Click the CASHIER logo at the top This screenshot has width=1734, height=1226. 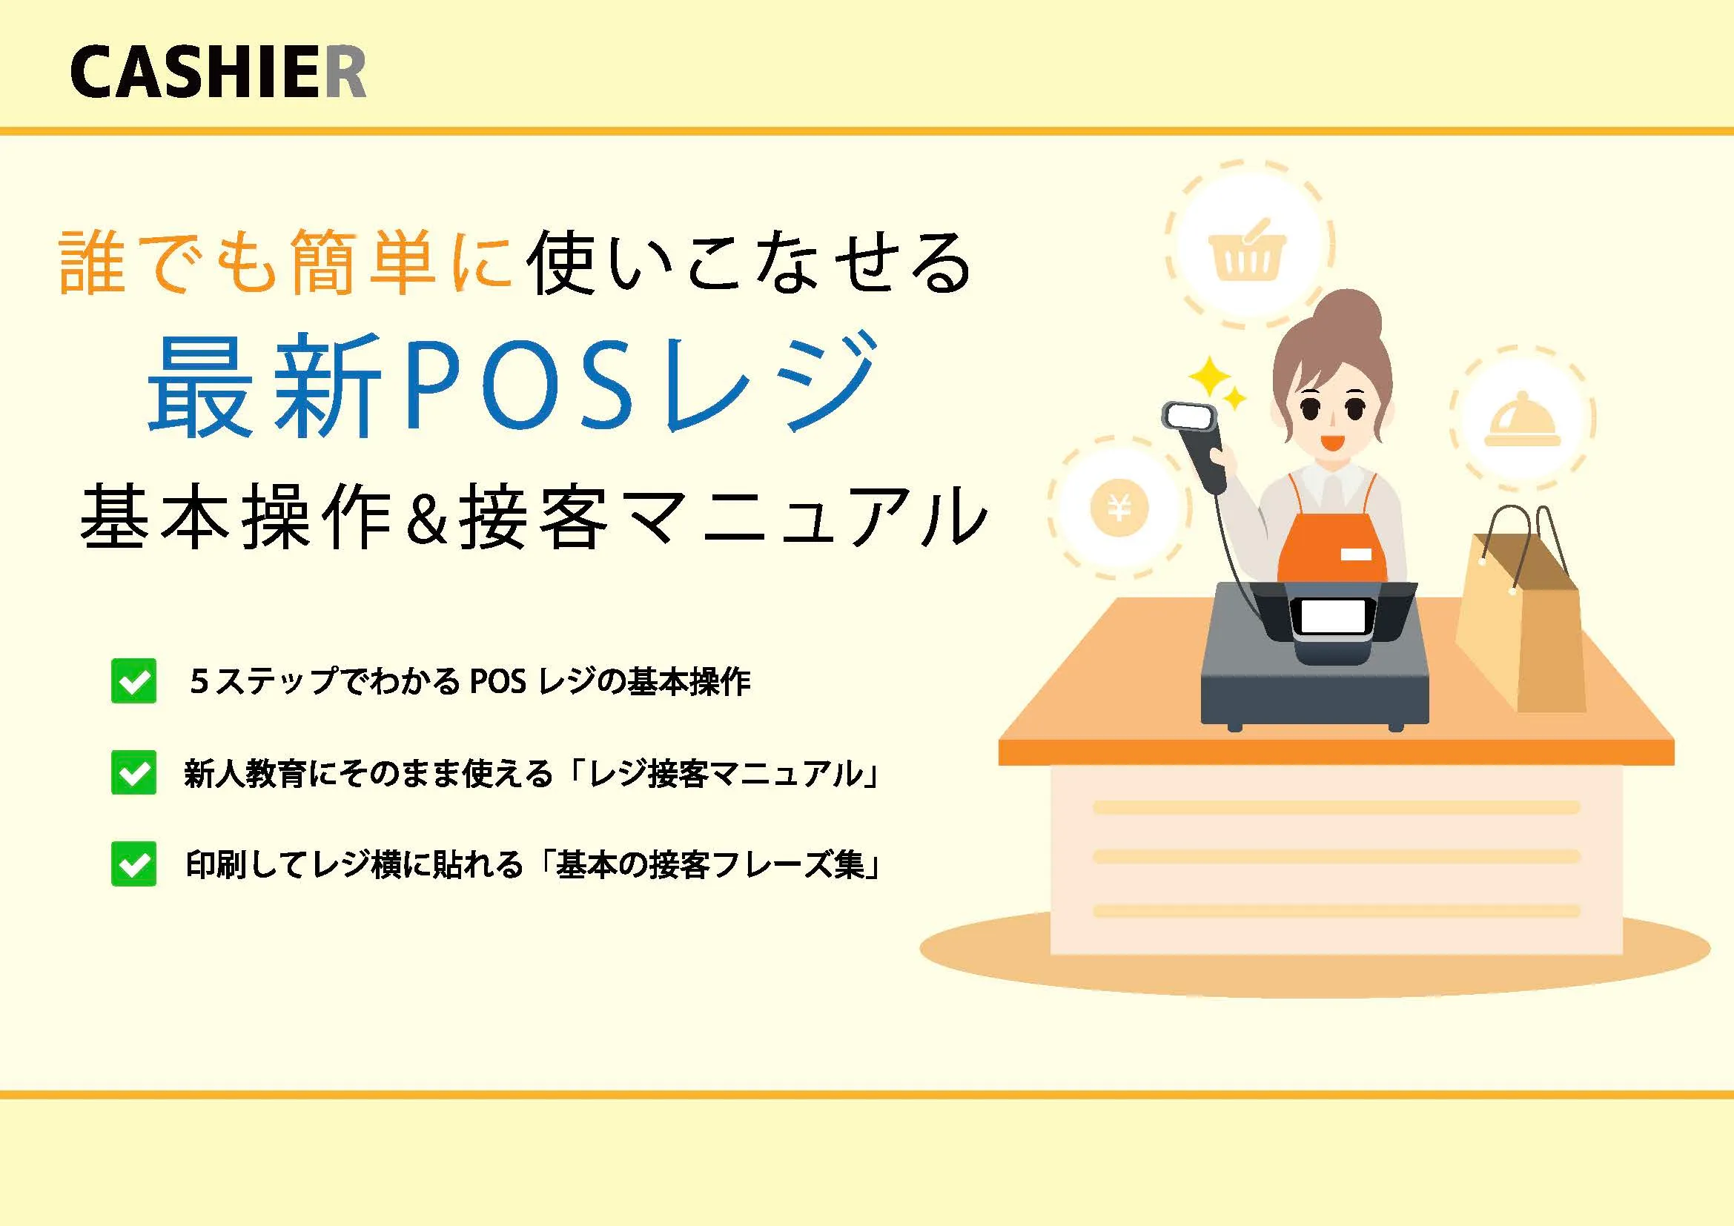click(218, 72)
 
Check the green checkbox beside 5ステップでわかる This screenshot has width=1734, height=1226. click(133, 680)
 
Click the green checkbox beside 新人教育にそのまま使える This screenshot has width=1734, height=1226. click(133, 772)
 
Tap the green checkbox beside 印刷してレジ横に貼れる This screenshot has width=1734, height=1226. click(133, 864)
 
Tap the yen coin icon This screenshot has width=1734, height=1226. click(1120, 506)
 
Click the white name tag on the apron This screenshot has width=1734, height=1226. click(1356, 555)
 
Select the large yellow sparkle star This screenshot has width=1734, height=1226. click(1211, 377)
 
